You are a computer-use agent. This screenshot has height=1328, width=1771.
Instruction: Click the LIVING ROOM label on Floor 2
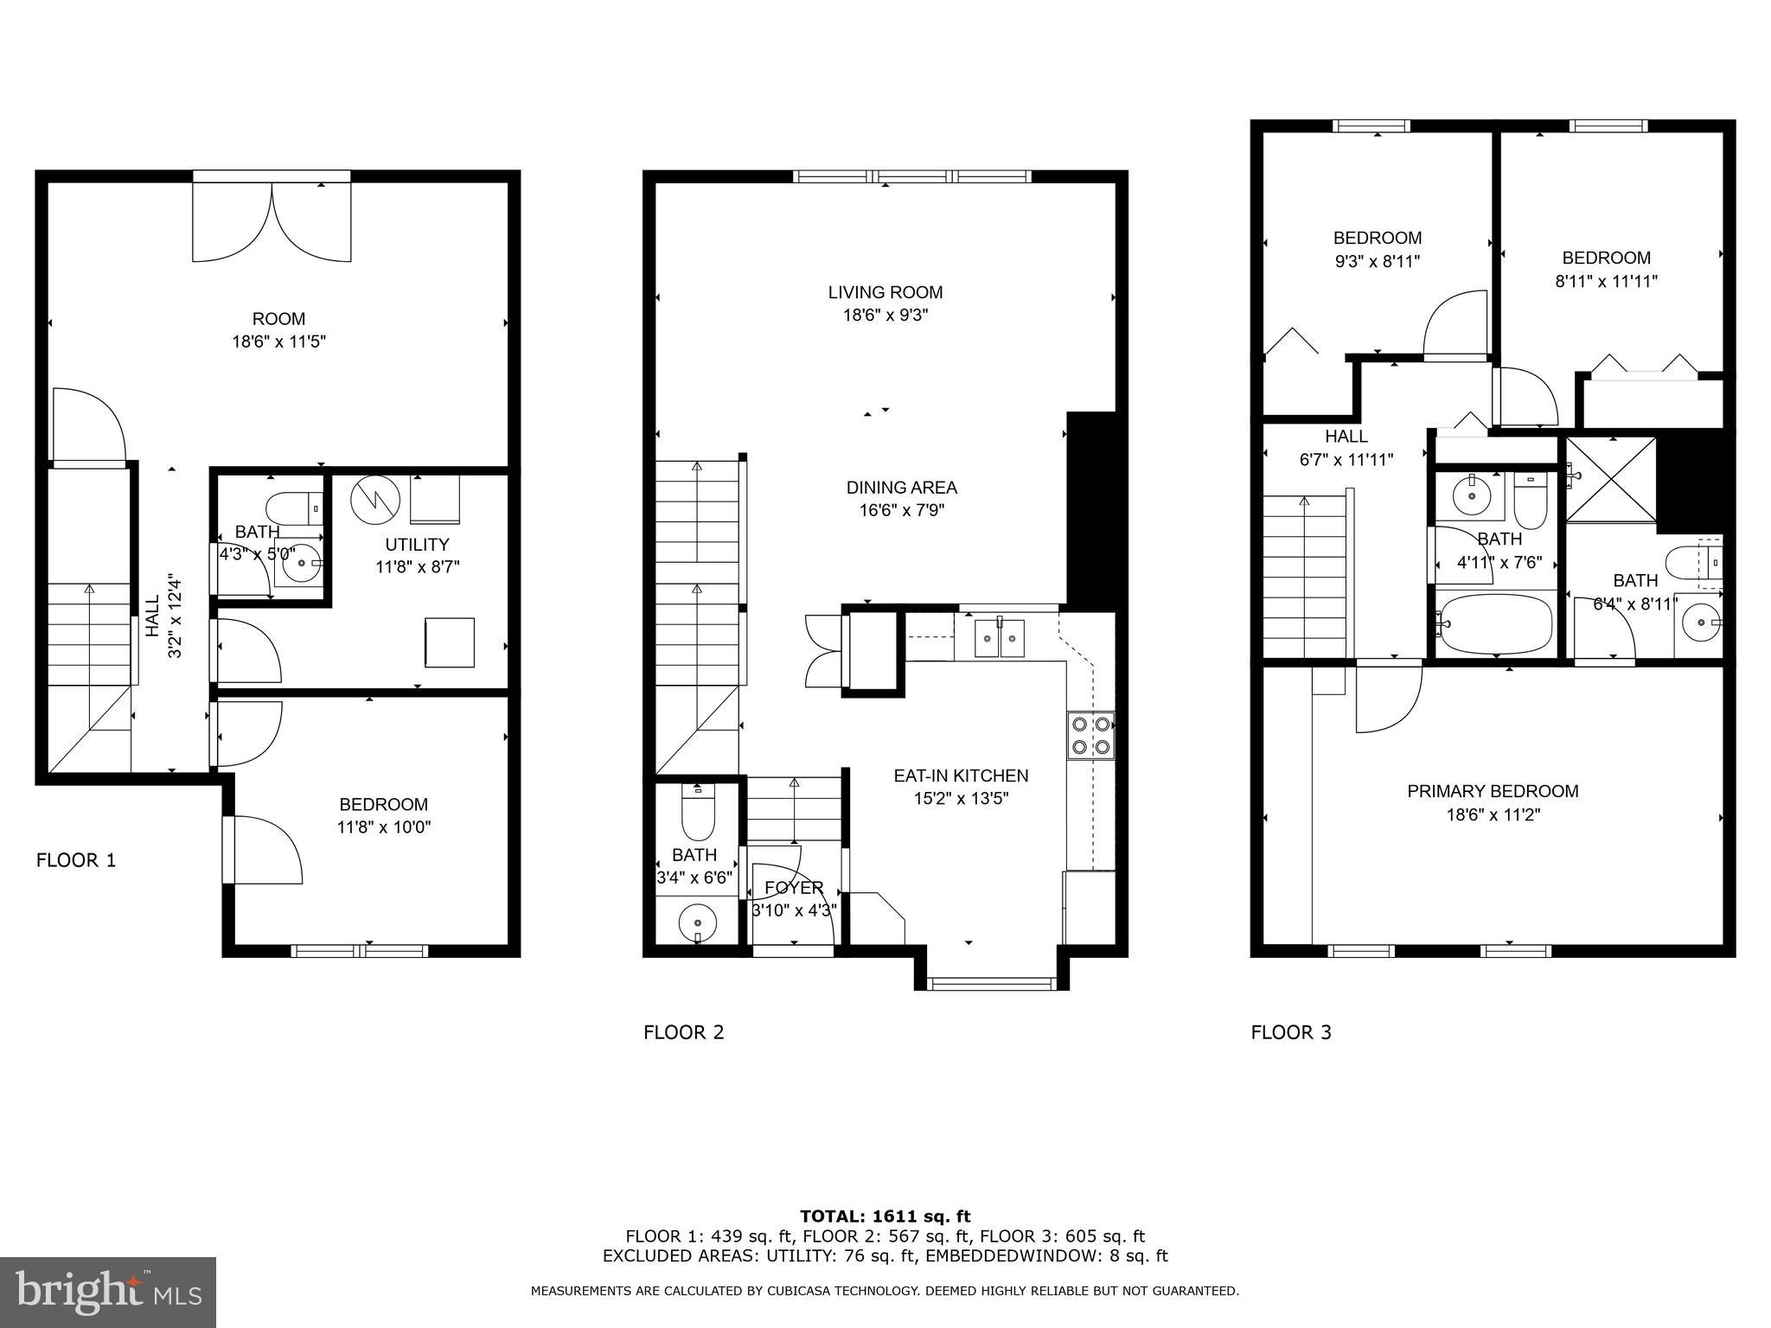(885, 292)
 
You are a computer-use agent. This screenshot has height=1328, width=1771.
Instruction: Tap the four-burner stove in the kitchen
(1091, 736)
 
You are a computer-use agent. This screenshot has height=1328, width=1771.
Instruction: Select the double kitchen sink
(1000, 639)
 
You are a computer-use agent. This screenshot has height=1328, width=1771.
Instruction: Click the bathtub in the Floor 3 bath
(1495, 622)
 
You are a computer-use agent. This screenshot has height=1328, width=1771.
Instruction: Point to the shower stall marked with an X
(1611, 480)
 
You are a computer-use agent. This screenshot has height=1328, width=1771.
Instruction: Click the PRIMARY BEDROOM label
(1493, 791)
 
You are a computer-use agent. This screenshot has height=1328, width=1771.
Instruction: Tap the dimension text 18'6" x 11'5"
(278, 342)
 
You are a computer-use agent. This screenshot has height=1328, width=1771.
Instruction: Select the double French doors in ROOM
(272, 220)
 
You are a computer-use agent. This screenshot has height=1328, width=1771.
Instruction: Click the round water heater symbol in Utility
(374, 500)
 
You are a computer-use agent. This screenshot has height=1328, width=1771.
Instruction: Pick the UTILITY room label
(417, 545)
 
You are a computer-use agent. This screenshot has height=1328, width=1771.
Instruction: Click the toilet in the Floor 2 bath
(698, 813)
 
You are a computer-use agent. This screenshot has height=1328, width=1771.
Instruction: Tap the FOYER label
(794, 888)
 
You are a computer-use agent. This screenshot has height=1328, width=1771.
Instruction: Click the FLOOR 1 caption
(76, 860)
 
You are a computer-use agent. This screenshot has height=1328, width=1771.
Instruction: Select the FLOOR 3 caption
(1291, 1032)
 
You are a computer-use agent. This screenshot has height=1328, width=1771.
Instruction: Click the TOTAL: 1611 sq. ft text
(885, 1216)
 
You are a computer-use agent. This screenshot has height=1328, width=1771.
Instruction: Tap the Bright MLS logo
(107, 1292)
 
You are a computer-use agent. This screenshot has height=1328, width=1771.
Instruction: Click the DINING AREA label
(901, 488)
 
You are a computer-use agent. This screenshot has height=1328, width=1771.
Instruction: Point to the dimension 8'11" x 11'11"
(1606, 281)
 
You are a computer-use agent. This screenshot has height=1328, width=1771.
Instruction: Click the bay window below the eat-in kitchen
(992, 982)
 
